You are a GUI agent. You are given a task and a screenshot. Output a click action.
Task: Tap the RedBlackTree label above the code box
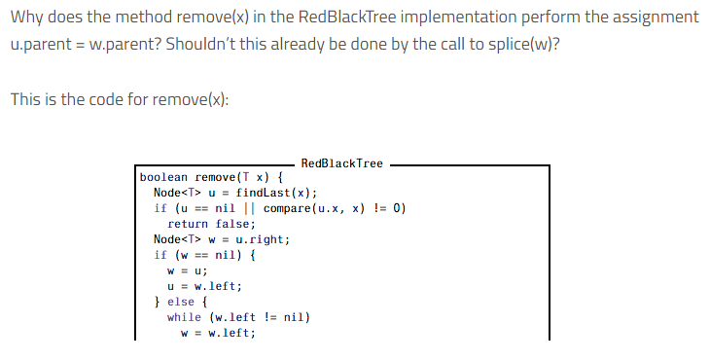point(341,163)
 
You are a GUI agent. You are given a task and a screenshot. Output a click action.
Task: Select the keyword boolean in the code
point(164,178)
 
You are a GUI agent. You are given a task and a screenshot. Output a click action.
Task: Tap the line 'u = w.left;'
point(205,286)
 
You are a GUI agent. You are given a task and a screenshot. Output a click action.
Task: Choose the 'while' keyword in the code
point(185,317)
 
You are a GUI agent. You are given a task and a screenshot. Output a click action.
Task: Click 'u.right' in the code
point(264,239)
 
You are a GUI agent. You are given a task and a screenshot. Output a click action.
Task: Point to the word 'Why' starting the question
point(25,18)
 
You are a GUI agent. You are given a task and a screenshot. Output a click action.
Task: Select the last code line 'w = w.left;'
point(219,333)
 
